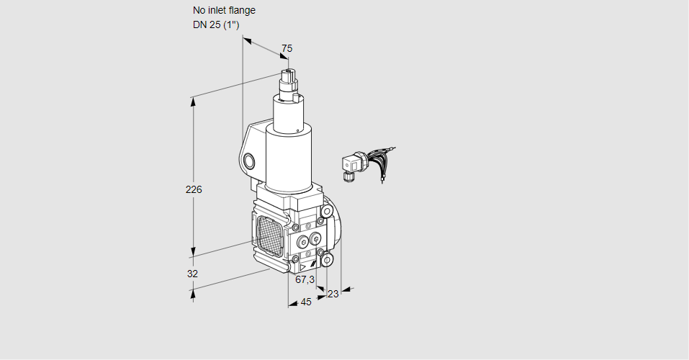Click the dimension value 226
194,190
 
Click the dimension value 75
287,48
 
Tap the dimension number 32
192,274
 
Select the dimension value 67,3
305,279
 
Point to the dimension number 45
306,302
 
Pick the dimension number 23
333,294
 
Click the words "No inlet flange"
224,11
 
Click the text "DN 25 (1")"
216,25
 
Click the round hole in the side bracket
249,161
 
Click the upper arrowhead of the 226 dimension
193,101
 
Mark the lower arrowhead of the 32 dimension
193,293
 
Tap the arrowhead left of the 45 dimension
292,305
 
